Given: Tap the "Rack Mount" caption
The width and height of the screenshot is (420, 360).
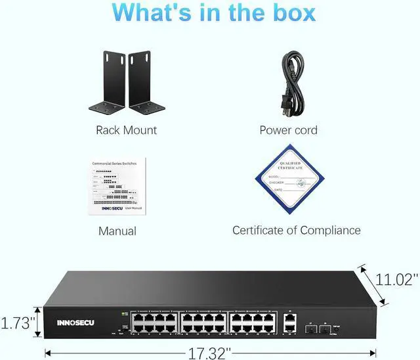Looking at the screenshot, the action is [x=126, y=130].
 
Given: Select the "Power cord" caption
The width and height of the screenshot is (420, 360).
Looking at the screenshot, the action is [x=288, y=130].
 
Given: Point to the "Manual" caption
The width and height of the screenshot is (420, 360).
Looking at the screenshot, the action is [x=117, y=231].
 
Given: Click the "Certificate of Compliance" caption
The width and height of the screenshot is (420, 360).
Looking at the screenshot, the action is [x=297, y=231].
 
